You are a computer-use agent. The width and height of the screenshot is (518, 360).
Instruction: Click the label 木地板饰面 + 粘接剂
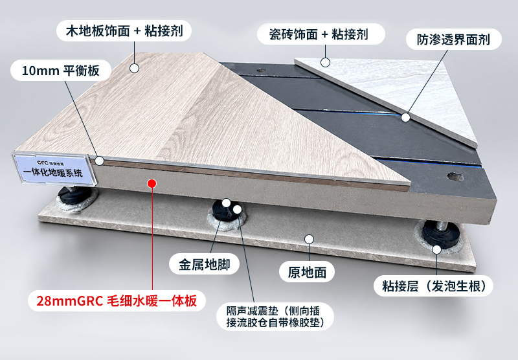[124, 31]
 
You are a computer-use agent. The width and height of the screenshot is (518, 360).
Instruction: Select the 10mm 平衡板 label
[61, 71]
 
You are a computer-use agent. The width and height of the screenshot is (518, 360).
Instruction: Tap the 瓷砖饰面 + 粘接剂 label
[321, 34]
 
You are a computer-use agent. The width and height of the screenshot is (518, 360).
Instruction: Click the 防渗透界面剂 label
[454, 39]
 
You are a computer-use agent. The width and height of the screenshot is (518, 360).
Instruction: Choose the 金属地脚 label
[204, 264]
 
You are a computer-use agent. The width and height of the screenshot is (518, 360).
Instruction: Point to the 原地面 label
[307, 272]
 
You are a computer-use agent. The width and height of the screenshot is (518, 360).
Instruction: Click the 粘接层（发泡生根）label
[433, 286]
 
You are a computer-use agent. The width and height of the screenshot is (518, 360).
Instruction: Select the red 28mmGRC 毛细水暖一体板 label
[117, 301]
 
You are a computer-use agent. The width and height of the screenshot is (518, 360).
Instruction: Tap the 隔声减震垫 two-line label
[275, 317]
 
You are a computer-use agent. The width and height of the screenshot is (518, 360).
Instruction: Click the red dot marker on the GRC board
[152, 183]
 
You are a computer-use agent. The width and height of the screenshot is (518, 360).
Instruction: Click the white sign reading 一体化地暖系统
[54, 168]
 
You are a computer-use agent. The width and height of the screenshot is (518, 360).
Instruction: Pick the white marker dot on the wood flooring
[134, 69]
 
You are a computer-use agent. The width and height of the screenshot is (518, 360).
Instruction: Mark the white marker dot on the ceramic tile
[326, 62]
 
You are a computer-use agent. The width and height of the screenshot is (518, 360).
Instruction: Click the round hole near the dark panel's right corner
[455, 177]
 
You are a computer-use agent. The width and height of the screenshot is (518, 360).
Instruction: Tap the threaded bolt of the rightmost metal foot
[442, 226]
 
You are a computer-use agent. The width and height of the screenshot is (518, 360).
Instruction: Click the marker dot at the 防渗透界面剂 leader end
[406, 117]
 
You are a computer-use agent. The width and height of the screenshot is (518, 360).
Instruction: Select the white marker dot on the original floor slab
[309, 239]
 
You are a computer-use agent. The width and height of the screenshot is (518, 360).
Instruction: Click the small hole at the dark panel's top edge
[261, 71]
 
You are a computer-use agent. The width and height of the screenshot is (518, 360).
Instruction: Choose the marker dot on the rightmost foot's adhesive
[436, 250]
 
